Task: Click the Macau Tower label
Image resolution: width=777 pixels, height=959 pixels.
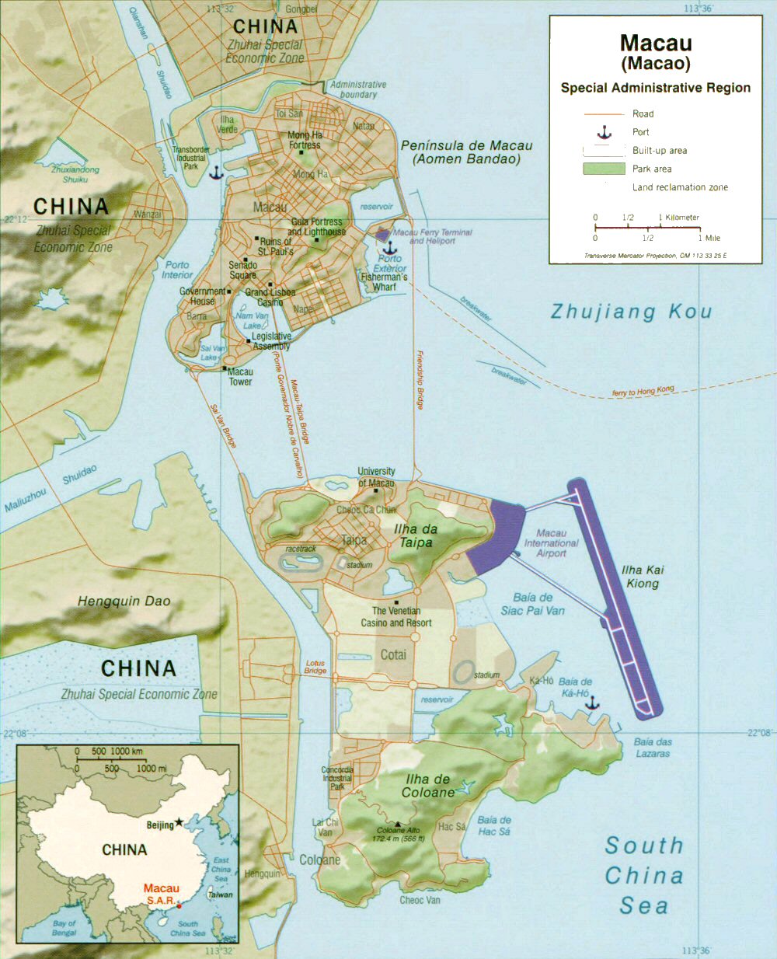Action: [x=240, y=377]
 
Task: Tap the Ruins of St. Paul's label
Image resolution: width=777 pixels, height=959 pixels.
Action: [x=276, y=246]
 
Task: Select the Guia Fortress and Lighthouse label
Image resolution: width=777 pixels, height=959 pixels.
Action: [x=316, y=227]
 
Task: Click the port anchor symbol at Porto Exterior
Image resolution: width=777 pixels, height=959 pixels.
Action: [x=390, y=247]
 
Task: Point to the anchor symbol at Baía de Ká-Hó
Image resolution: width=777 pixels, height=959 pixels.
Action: [x=592, y=703]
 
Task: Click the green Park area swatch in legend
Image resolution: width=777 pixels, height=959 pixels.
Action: [x=604, y=169]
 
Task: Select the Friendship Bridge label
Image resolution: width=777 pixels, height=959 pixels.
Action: [x=418, y=380]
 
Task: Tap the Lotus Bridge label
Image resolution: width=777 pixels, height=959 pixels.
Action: [x=315, y=668]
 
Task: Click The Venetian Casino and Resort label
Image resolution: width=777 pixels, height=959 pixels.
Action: [x=396, y=617]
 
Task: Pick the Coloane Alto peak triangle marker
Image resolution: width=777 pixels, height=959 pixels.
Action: [x=399, y=825]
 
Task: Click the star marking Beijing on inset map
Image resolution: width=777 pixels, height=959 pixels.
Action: [x=179, y=822]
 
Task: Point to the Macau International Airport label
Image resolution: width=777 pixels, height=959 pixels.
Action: [x=551, y=542]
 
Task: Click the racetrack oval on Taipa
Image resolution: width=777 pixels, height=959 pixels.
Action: [x=301, y=562]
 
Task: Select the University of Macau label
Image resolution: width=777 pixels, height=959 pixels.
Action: [x=376, y=477]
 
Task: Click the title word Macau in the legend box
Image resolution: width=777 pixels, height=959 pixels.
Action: [x=656, y=43]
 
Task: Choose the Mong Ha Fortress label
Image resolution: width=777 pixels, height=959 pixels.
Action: [x=305, y=140]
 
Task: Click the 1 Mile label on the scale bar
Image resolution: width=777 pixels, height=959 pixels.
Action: [x=709, y=238]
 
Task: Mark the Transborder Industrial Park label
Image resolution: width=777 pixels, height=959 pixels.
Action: [x=191, y=158]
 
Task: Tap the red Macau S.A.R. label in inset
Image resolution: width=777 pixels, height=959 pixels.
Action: [x=161, y=894]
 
